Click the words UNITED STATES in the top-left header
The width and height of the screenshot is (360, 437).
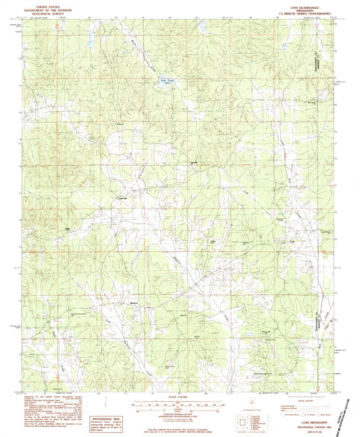point(42,3)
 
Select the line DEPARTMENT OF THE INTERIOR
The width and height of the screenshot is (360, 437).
point(42,7)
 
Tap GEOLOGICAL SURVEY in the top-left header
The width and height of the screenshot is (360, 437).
point(42,11)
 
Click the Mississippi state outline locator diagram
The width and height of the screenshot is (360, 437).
point(251,409)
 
